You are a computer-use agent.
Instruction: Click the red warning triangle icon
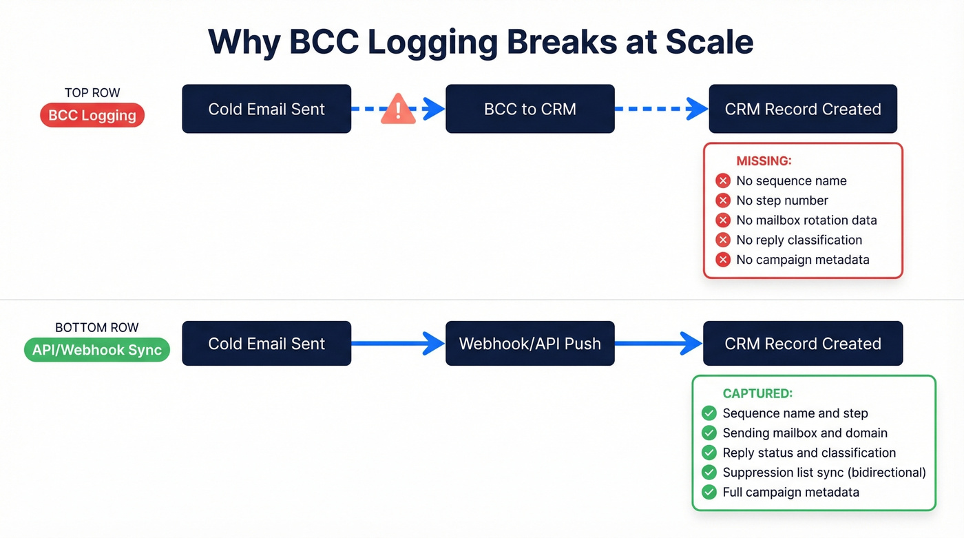click(x=398, y=110)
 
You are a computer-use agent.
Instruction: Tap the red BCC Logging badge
click(x=92, y=116)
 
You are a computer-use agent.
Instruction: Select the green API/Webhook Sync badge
click(x=96, y=350)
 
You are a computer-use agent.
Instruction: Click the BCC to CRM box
click(x=530, y=109)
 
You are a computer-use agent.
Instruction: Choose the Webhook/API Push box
click(x=530, y=343)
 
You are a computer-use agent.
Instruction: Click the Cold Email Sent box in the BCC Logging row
click(x=266, y=109)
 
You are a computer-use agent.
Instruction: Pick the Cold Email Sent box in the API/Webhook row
click(x=266, y=343)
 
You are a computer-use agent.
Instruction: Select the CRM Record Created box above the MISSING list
click(x=803, y=109)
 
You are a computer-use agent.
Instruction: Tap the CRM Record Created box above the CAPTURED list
click(x=803, y=343)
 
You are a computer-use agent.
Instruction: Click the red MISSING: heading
click(x=764, y=161)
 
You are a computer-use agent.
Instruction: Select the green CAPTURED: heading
click(x=757, y=394)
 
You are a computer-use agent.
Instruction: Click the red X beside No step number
click(x=723, y=200)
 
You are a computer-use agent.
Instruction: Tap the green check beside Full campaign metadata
click(x=709, y=493)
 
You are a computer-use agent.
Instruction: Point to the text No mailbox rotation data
click(x=806, y=220)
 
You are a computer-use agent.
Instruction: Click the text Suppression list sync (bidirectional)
click(x=824, y=473)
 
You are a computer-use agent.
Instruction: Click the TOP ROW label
click(x=92, y=93)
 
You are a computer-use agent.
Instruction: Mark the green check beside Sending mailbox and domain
click(x=709, y=433)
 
